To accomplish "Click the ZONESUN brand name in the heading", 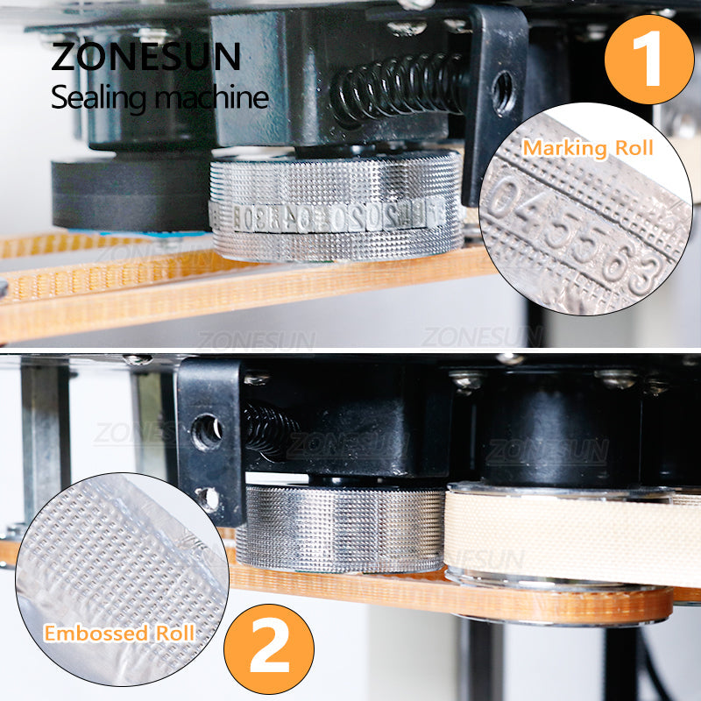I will point(145,55).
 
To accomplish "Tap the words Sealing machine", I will point(159,97).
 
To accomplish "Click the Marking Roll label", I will point(588,147).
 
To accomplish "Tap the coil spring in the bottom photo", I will point(266,429).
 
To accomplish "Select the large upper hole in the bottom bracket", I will point(208,432).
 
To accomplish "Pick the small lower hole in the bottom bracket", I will point(208,498).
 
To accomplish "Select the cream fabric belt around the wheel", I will point(570,535).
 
